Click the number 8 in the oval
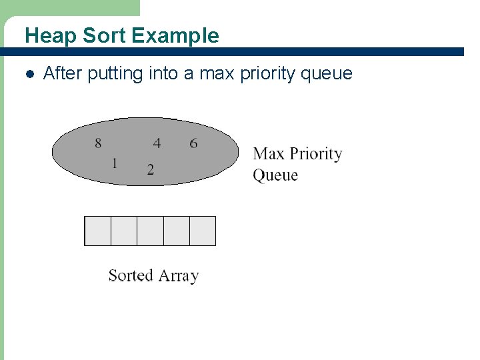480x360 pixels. click(99, 143)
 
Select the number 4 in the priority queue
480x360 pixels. click(157, 143)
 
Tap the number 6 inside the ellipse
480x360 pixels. click(193, 143)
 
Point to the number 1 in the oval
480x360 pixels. click(115, 163)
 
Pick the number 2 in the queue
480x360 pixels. click(151, 169)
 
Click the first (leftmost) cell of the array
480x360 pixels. click(97, 231)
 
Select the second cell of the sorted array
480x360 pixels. click(123, 231)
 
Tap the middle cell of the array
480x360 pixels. click(150, 231)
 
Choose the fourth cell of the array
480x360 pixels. click(176, 231)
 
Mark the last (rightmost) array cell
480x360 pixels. click(203, 231)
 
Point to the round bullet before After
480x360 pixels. click(28, 73)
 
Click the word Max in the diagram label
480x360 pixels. click(269, 154)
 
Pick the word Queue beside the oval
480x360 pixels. click(275, 175)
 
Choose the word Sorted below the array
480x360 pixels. click(131, 275)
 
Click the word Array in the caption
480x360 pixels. click(178, 276)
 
